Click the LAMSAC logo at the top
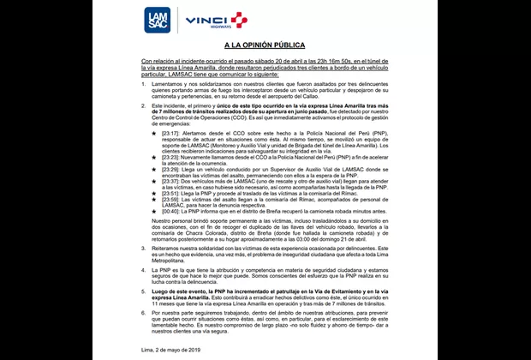(158, 19)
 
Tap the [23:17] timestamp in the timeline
(170, 134)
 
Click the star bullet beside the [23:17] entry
(153, 134)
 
